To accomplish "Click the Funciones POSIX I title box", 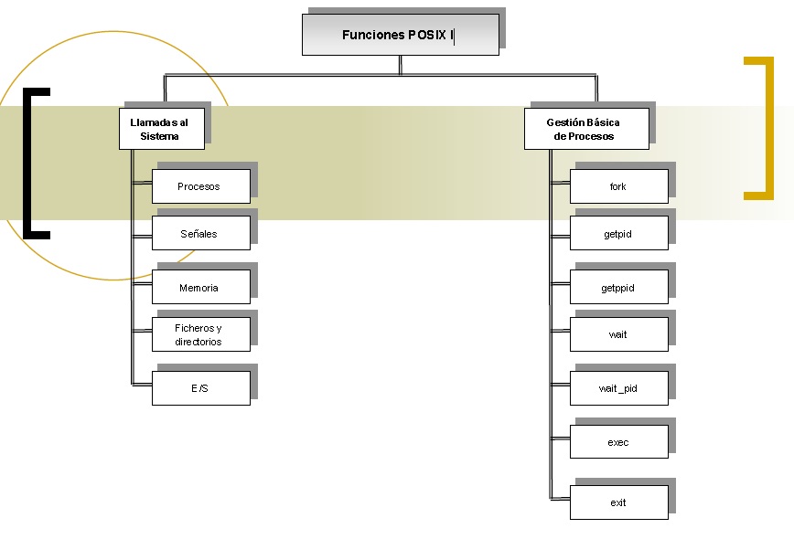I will tap(400, 35).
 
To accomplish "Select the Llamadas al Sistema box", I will tap(160, 129).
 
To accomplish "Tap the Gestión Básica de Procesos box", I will tap(585, 129).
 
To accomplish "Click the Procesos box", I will tap(200, 186).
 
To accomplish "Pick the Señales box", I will tap(200, 233).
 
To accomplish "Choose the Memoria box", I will tap(200, 287).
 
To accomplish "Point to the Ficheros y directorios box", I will tap(200, 334).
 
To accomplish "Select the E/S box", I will tap(200, 388).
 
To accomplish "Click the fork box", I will tap(618, 186).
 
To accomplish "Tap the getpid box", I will tap(618, 233).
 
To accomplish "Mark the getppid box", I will tap(618, 287).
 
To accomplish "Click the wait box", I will tap(618, 334).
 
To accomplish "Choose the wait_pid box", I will tap(618, 388).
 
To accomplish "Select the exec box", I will tap(618, 442).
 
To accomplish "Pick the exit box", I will tap(618, 502).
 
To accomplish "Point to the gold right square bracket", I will tap(767, 128).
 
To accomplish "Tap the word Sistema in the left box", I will tap(159, 136).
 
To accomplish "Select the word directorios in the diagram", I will tap(198, 342).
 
